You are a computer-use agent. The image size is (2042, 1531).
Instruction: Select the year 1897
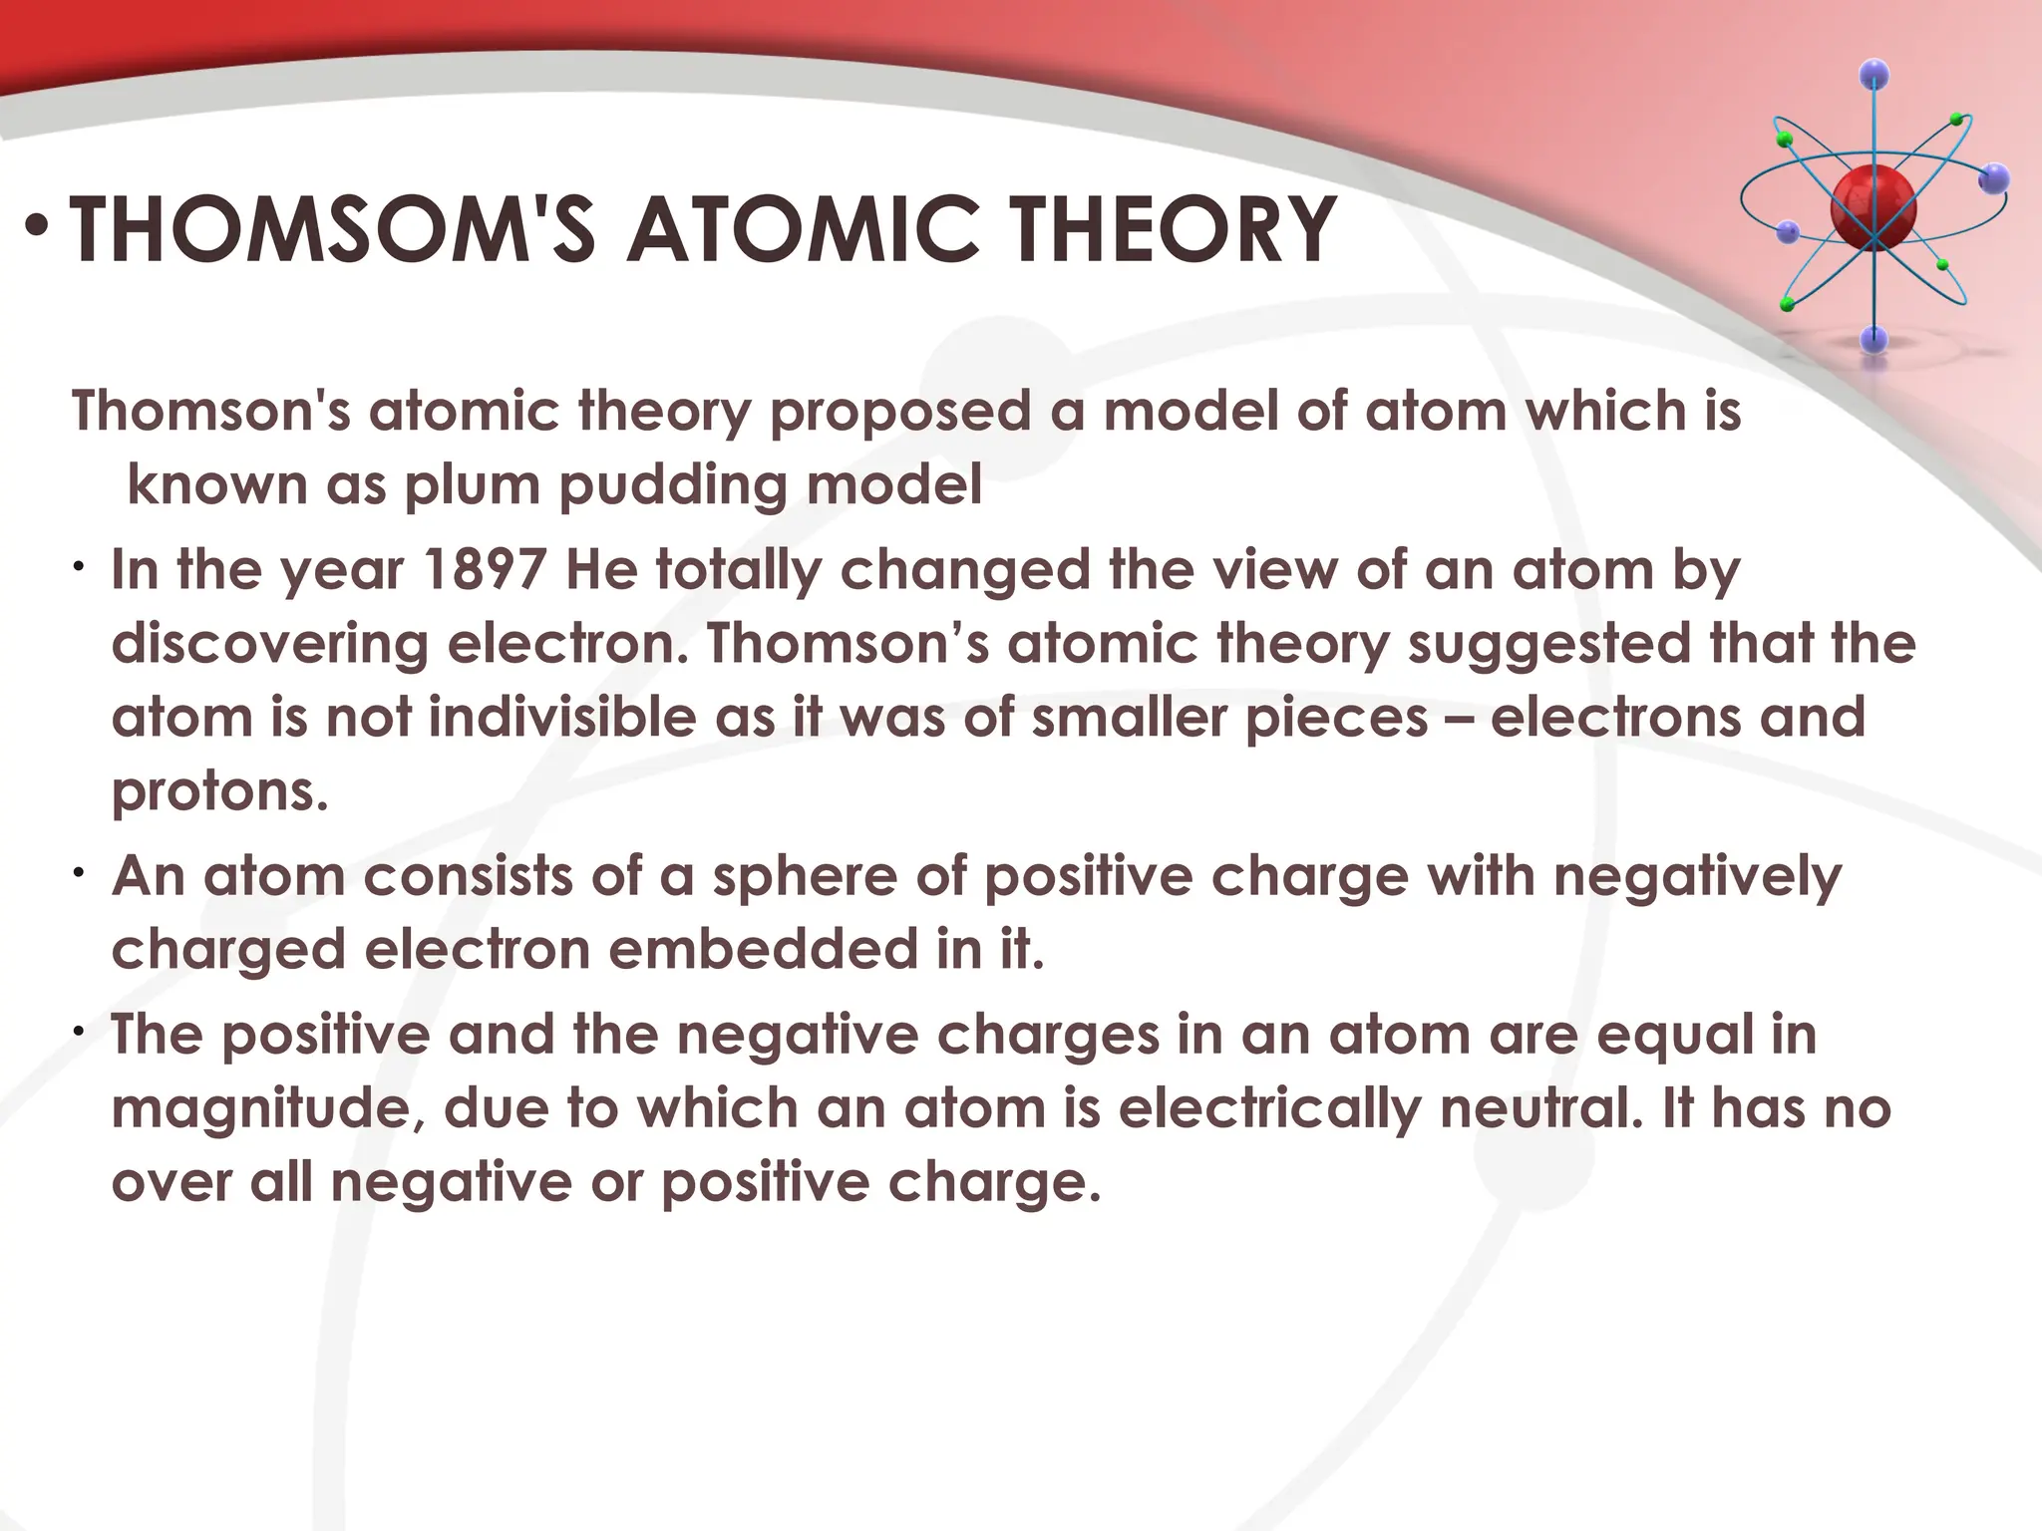[485, 570]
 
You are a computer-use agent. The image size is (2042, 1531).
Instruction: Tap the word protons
[219, 793]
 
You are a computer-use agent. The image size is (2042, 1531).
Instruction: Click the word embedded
[763, 950]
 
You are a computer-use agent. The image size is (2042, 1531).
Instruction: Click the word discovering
[269, 645]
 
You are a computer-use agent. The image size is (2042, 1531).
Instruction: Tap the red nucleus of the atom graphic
[1872, 209]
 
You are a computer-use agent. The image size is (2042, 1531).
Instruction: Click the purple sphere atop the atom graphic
[1874, 74]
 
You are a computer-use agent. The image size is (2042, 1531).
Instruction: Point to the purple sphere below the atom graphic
[1874, 339]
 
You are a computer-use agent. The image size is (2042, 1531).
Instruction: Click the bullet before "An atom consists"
[78, 874]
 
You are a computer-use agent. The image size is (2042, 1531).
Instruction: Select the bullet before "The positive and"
[78, 1033]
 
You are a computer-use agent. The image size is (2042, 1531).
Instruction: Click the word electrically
[1270, 1109]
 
